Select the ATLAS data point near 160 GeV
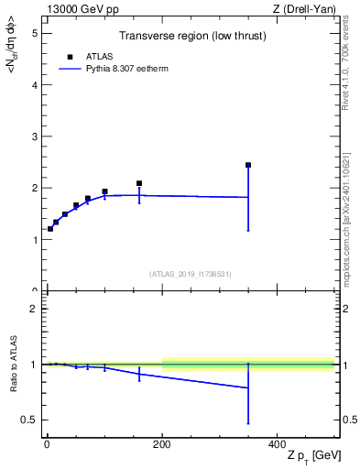click(x=139, y=183)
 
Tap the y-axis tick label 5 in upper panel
click(x=35, y=33)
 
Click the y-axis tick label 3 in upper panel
click(x=35, y=136)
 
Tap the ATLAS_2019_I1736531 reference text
click(x=191, y=273)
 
